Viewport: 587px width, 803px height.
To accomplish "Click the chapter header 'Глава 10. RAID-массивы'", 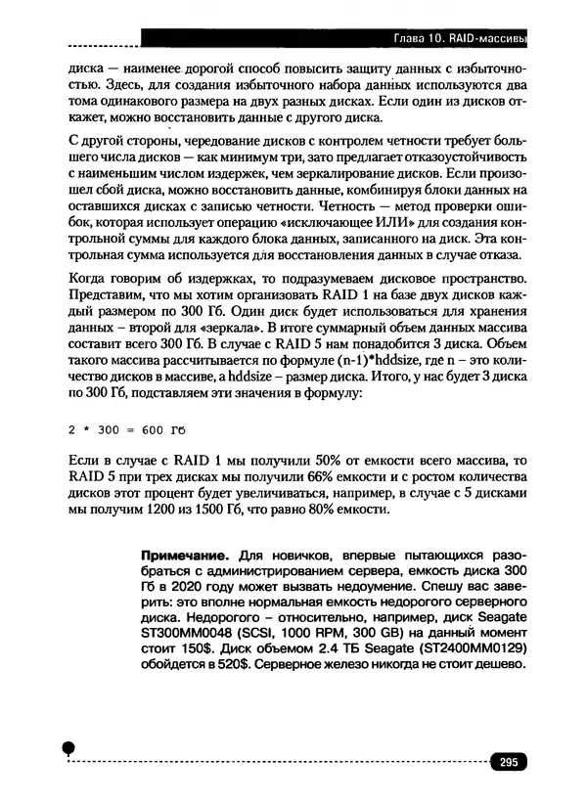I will coord(459,39).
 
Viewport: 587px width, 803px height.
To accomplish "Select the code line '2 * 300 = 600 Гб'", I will coord(126,428).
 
